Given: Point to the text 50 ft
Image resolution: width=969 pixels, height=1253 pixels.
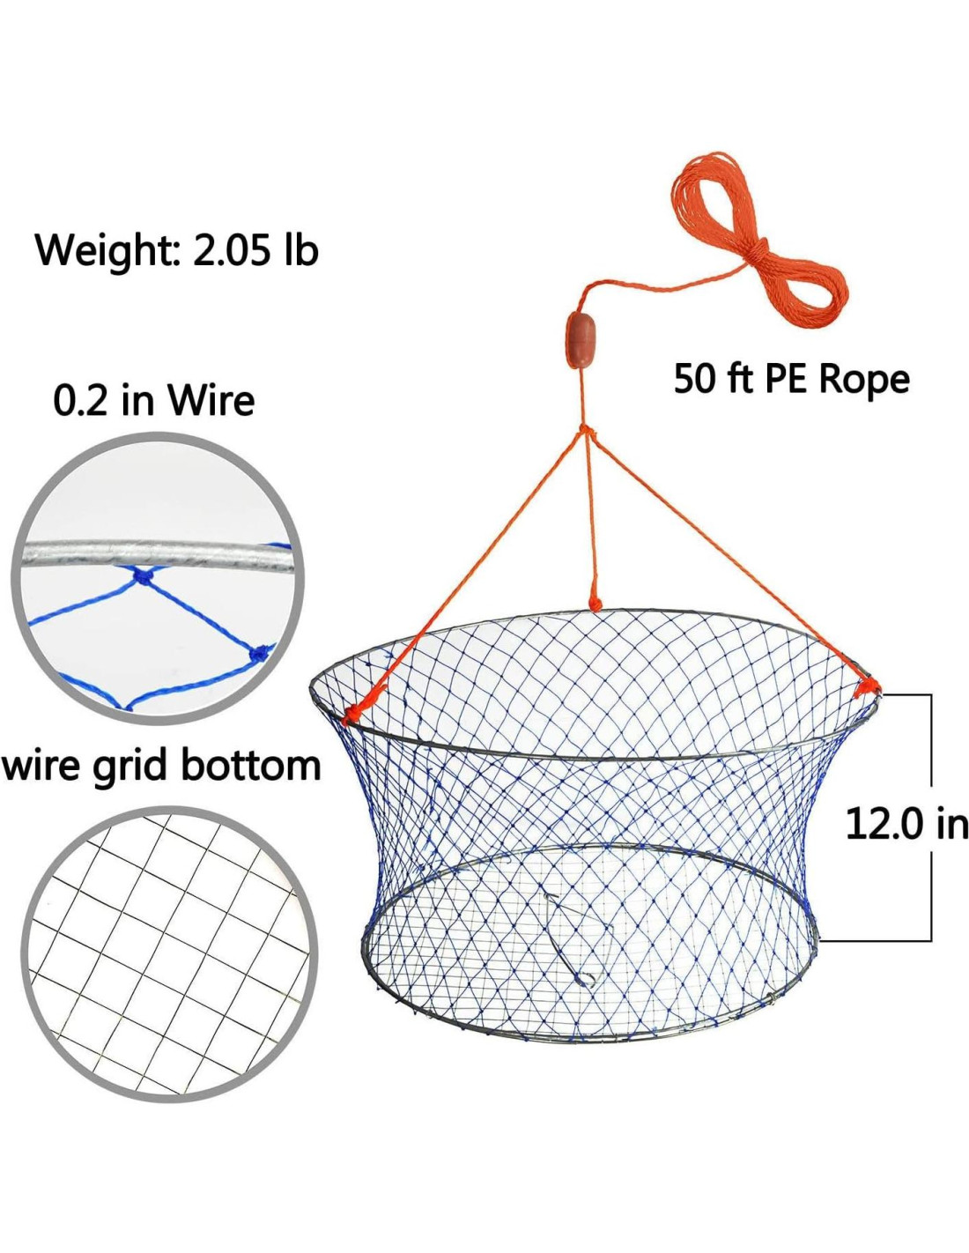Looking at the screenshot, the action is (707, 379).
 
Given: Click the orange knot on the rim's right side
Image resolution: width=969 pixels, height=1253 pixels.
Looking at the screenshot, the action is (866, 687).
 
